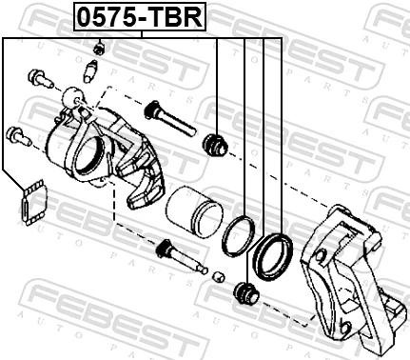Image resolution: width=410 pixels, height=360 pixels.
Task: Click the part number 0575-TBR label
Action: (x=142, y=16)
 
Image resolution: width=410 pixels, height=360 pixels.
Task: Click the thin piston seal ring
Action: (x=237, y=235)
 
